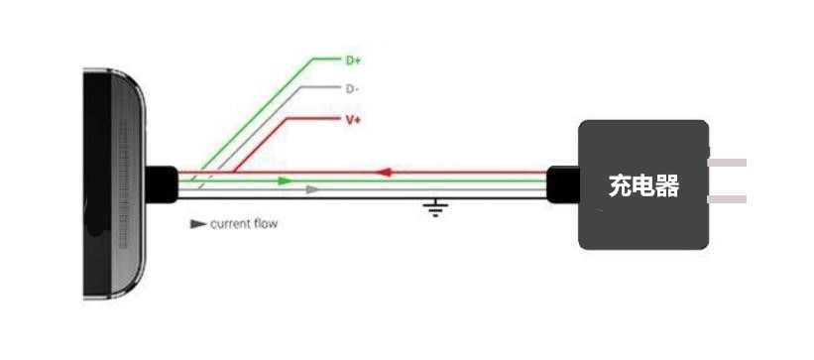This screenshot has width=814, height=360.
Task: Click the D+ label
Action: (x=353, y=60)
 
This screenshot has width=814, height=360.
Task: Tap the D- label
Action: (x=352, y=89)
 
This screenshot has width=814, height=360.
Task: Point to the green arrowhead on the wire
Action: (x=285, y=180)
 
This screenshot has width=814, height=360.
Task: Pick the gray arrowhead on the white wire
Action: (x=312, y=189)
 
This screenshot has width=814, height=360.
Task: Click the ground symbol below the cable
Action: (x=435, y=207)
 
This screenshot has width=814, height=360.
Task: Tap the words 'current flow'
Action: (x=244, y=224)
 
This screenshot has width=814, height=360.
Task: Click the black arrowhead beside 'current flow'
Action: (x=198, y=224)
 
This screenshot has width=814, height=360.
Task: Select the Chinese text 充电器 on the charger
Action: (x=643, y=185)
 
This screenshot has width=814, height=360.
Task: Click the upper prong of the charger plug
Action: (x=728, y=163)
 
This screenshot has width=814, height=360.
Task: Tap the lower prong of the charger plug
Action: (x=728, y=199)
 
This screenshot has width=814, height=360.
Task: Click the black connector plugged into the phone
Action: (x=162, y=184)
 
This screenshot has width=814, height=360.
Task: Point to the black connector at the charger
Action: (x=564, y=184)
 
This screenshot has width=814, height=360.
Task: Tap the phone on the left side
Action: (x=114, y=184)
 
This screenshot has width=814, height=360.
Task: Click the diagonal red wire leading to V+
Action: (x=260, y=145)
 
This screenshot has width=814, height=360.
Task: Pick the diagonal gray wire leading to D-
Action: (x=249, y=139)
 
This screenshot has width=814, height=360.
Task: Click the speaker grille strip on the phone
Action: (x=123, y=184)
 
